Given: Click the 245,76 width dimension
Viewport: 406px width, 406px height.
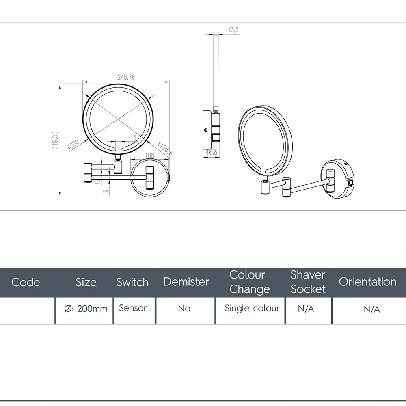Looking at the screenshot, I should [126, 77].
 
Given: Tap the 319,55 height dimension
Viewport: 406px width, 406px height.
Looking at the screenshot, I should [55, 140].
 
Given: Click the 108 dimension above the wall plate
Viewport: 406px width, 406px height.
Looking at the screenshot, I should [149, 155].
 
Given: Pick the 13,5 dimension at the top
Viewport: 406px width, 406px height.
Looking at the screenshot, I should [233, 30].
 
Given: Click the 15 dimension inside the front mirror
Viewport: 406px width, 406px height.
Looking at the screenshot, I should [133, 138].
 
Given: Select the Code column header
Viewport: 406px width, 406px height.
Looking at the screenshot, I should [26, 282].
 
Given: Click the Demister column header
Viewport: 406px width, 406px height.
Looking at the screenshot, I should [186, 282].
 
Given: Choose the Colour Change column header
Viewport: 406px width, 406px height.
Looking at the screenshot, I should [249, 282].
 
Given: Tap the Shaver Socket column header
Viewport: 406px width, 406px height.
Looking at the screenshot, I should [308, 282].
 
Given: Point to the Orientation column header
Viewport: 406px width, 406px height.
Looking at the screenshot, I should [367, 282].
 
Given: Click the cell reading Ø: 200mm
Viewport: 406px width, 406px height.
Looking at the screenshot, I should [86, 309].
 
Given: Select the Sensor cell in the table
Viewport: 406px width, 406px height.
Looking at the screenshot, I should [133, 308].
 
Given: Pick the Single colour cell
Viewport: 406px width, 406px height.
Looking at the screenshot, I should [252, 309].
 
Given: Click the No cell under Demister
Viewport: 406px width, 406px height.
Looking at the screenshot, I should [184, 309].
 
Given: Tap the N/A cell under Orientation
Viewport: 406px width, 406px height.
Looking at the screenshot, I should [371, 309].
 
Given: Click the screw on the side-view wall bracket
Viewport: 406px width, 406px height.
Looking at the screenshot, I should [206, 130].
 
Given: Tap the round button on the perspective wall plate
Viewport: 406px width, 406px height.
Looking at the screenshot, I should [350, 183].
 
